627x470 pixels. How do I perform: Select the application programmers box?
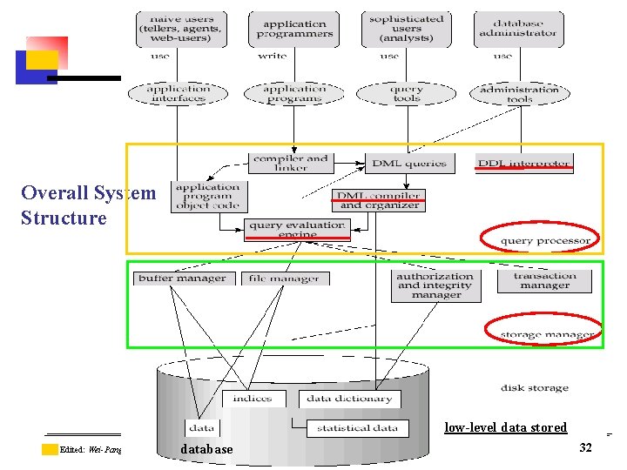point(294,28)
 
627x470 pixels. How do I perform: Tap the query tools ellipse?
point(406,93)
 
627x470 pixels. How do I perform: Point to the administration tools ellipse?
point(519,93)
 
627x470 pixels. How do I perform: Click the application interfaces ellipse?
point(179,93)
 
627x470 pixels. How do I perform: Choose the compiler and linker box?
point(290,163)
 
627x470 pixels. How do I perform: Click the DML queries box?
point(409,163)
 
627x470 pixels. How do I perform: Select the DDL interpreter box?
point(523,163)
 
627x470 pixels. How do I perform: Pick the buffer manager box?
point(182,279)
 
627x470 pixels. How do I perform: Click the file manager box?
point(283,279)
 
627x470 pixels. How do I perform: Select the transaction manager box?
point(544,280)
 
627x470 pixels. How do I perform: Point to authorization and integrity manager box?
point(435,285)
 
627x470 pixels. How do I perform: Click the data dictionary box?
point(350,399)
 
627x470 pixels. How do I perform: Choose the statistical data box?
point(357,427)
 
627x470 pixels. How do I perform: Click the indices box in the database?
point(252,399)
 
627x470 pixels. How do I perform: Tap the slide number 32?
point(585,446)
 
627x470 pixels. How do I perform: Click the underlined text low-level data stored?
point(505,427)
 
